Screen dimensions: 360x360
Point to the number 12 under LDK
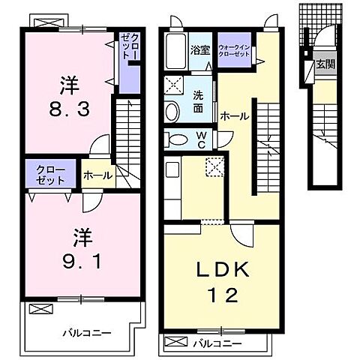coord(223,295)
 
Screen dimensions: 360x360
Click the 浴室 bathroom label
coord(199,51)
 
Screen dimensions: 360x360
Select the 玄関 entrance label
coord(325,64)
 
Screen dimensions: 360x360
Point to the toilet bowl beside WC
coord(178,139)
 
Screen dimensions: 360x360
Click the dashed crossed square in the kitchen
coord(214,166)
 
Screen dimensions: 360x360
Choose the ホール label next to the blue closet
coord(98,175)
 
